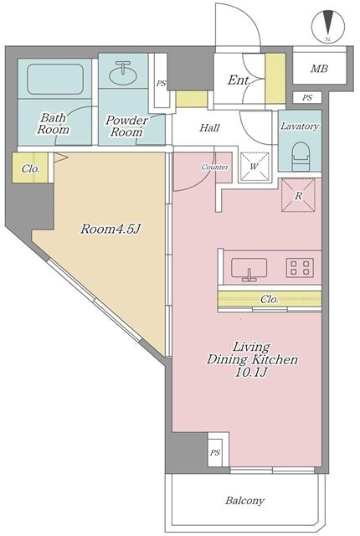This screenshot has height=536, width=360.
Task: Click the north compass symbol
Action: point(328,27)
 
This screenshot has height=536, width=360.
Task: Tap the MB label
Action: point(319,69)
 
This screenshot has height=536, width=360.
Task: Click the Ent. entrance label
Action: point(239,80)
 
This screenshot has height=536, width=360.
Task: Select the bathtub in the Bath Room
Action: point(55,80)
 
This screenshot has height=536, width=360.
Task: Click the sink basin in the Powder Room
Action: point(123,73)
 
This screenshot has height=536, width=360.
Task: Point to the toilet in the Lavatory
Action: point(300,157)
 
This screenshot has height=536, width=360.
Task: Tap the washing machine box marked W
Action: point(255,167)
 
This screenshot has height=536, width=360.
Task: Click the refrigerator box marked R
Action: point(298,195)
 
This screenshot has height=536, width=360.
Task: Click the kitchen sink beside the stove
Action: point(249,269)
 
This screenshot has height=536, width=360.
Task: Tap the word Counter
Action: point(215,167)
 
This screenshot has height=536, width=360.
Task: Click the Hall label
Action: point(209,128)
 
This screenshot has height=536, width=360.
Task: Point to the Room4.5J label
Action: point(111,229)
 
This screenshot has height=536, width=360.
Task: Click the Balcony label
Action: point(244,501)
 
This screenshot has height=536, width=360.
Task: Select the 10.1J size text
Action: point(250,372)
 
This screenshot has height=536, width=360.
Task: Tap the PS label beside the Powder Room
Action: point(162,83)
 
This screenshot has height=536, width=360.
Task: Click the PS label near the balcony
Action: point(215,452)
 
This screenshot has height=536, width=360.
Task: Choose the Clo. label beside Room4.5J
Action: point(30,168)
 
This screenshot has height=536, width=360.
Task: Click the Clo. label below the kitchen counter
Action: point(269,300)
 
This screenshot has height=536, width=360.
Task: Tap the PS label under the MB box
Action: point(307,98)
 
